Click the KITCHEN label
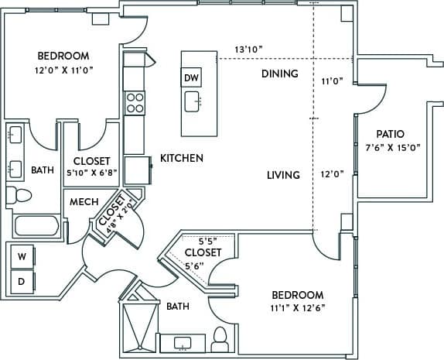coord(182,158)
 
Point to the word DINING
coord(279,74)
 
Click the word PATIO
coord(391,134)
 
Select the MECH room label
coord(84,202)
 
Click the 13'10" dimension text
coord(249,49)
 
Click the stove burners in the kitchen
coord(135,103)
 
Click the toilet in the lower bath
coord(220,337)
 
